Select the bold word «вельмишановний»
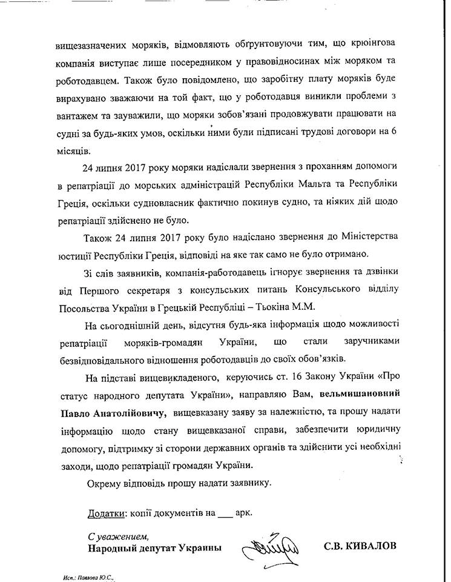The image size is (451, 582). pos(360,396)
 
